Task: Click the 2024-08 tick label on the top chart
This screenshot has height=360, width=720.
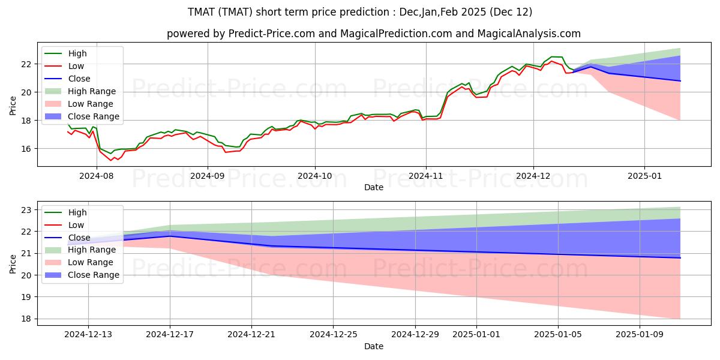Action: (x=97, y=176)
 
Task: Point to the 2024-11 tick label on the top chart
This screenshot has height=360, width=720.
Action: (x=426, y=176)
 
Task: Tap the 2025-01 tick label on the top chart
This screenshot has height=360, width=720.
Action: (x=644, y=176)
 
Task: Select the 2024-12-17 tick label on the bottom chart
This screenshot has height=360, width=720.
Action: (x=170, y=335)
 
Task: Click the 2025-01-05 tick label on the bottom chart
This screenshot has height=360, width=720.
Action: (x=558, y=335)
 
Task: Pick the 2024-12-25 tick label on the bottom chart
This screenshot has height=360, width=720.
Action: (x=334, y=335)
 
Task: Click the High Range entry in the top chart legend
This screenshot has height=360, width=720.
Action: (x=80, y=91)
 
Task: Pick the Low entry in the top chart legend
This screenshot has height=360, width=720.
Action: (x=64, y=66)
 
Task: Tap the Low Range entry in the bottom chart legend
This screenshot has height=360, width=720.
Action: (x=79, y=262)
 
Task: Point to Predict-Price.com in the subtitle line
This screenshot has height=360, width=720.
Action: (x=272, y=34)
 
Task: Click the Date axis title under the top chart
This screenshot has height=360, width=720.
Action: (x=374, y=187)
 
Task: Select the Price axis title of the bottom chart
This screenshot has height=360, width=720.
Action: (x=13, y=264)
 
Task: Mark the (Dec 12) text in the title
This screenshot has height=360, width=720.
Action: (x=511, y=12)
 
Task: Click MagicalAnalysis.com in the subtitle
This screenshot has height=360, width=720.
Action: (x=529, y=34)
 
